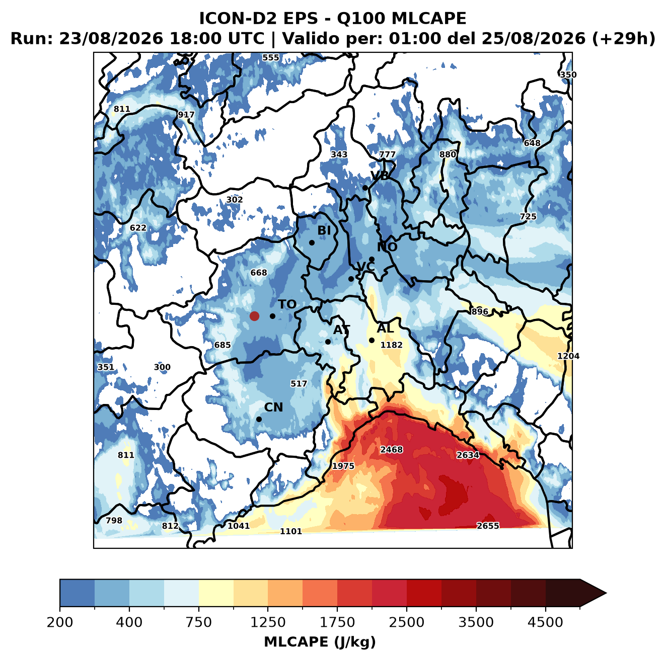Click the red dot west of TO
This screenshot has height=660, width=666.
pyautogui.click(x=254, y=316)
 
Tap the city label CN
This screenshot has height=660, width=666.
pyautogui.click(x=273, y=407)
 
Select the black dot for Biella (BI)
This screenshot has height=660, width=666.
pyautogui.click(x=312, y=243)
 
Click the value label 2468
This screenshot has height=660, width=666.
pyautogui.click(x=391, y=450)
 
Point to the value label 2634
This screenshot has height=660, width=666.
pyautogui.click(x=468, y=455)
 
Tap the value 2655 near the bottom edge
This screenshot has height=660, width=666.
pyautogui.click(x=488, y=526)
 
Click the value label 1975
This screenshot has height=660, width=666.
pyautogui.click(x=343, y=466)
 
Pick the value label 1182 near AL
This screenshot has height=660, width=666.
pyautogui.click(x=391, y=345)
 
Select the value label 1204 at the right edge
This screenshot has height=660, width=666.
pyautogui.click(x=568, y=356)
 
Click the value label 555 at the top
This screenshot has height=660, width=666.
pyautogui.click(x=271, y=58)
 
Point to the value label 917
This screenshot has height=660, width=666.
pyautogui.click(x=186, y=115)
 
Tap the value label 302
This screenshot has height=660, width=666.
pyautogui.click(x=234, y=200)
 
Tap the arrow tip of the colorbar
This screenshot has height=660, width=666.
pyautogui.click(x=606, y=593)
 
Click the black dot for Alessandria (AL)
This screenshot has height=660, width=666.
pyautogui.click(x=372, y=340)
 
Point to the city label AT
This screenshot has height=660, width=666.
pyautogui.click(x=341, y=330)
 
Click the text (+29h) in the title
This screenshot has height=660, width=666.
pyautogui.click(x=624, y=39)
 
